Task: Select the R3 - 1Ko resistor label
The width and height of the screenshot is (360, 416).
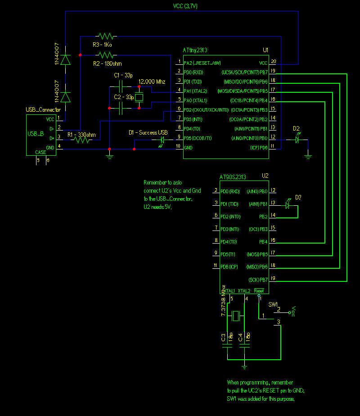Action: click(x=102, y=45)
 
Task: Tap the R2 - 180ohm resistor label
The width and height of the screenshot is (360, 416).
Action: click(x=107, y=63)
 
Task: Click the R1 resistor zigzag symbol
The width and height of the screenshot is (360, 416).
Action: click(x=82, y=140)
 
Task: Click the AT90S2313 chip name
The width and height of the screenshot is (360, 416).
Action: click(x=233, y=176)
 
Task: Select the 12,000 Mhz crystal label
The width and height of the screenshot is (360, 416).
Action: click(x=152, y=82)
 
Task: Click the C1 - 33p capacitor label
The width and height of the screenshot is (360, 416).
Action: click(x=123, y=75)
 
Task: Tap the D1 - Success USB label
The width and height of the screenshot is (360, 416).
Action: click(x=148, y=133)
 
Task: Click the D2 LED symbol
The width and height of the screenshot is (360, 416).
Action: click(x=297, y=140)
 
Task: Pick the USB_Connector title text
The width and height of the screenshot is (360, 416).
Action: click(x=43, y=110)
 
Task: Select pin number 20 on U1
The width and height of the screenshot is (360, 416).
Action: click(x=273, y=62)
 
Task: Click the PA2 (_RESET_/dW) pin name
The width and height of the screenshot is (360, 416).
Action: click(x=202, y=63)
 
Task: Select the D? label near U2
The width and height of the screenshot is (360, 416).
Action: click(x=298, y=197)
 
